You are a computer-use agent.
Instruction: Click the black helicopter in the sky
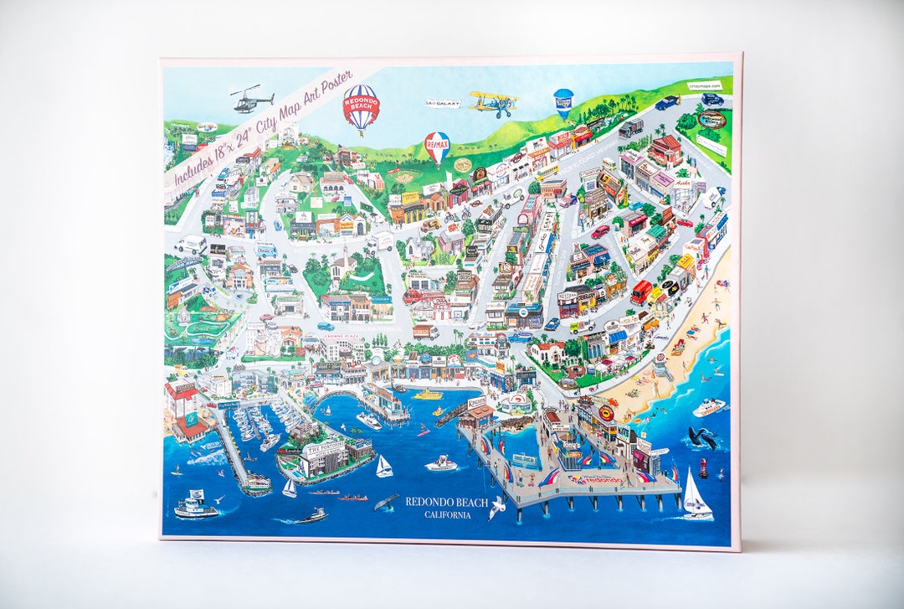pos(252,101)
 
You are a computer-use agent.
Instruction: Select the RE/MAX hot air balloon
pos(437,146)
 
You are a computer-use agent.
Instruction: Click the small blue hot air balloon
pos(563,102)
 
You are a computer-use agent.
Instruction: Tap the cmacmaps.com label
pos(704,85)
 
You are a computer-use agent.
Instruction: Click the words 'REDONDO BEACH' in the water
pos(446,501)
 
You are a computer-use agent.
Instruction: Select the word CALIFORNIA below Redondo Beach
pos(447,514)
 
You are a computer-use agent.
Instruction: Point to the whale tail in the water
pos(387,502)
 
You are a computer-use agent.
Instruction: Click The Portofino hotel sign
pos(322,448)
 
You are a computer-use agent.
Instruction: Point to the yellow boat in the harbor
pos(429,394)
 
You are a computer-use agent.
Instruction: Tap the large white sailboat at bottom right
pos(695,496)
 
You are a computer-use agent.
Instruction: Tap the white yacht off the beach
pos(709,407)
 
